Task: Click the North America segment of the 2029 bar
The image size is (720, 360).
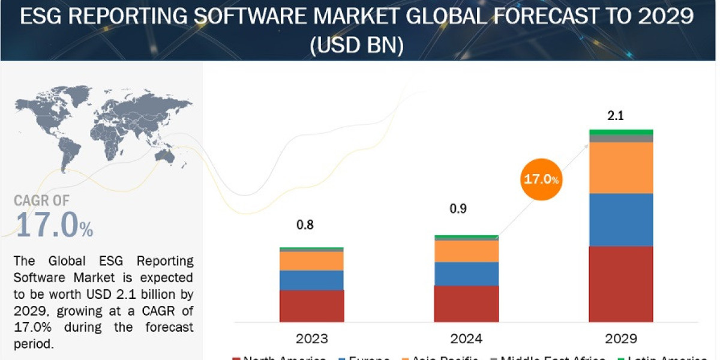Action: click(621, 284)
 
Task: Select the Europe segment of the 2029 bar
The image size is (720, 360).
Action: click(621, 220)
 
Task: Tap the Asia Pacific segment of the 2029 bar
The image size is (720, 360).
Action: click(621, 167)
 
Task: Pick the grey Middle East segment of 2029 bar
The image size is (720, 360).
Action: click(621, 139)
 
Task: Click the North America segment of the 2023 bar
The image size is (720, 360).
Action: click(311, 306)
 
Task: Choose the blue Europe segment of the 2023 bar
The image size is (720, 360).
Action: click(311, 280)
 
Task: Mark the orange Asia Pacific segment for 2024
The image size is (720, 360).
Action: click(466, 251)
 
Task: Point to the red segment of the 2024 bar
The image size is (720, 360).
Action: click(466, 304)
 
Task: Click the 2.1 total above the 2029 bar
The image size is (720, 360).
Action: click(616, 116)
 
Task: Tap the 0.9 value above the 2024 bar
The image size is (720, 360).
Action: click(458, 209)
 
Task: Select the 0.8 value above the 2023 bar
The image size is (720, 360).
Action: click(305, 225)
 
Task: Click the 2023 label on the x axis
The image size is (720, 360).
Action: click(312, 338)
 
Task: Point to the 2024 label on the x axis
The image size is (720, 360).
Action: click(466, 338)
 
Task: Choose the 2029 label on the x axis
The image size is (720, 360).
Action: click(621, 338)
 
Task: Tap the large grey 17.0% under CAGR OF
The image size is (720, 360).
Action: click(55, 226)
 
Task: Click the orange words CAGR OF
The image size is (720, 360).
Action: click(42, 200)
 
